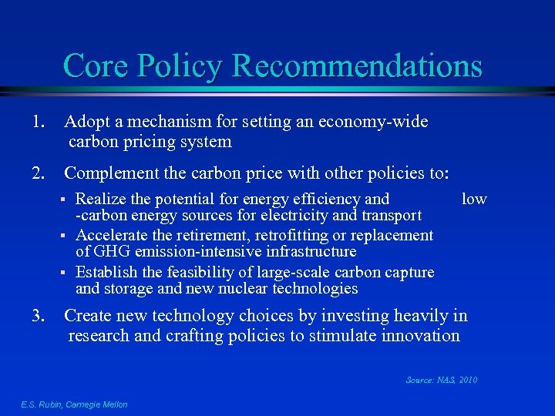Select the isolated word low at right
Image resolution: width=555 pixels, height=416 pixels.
(x=473, y=199)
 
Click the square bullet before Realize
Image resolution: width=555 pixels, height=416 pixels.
(x=66, y=200)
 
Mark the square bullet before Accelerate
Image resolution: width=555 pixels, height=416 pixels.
(x=66, y=236)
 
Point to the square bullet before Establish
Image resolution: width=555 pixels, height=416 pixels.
(x=66, y=273)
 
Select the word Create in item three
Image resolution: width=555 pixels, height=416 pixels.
(x=89, y=316)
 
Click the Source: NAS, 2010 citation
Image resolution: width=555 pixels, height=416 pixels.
(x=441, y=380)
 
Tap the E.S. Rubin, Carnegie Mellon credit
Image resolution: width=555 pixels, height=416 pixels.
(x=74, y=404)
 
